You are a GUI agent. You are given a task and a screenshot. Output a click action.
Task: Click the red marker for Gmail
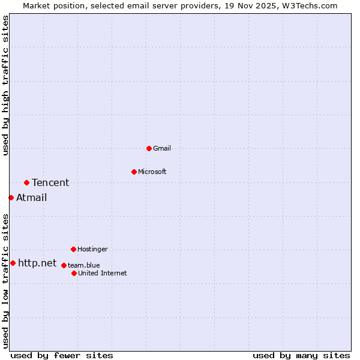click(149, 148)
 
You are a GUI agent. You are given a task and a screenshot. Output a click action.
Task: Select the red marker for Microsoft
click(134, 172)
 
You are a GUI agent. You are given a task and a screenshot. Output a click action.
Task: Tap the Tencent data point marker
click(26, 182)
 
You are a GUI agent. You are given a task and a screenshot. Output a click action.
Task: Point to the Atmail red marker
click(11, 197)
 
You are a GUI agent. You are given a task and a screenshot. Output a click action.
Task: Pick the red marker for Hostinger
click(73, 249)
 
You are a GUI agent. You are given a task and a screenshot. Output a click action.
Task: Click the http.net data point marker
click(13, 263)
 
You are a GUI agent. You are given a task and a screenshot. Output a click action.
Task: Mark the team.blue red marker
click(64, 265)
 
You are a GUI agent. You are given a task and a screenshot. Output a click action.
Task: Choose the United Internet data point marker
click(74, 273)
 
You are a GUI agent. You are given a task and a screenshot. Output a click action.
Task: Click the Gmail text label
click(162, 148)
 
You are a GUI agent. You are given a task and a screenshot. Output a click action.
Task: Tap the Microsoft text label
click(152, 172)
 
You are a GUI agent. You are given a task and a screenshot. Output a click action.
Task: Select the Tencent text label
click(50, 182)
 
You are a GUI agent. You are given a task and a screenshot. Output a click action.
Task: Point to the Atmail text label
click(31, 197)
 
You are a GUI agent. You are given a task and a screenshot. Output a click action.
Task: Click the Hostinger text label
click(92, 249)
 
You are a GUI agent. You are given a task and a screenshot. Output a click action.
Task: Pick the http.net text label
click(37, 263)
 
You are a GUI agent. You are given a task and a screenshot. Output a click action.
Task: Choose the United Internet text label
click(103, 273)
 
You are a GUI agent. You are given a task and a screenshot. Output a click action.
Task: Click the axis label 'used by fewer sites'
click(62, 355)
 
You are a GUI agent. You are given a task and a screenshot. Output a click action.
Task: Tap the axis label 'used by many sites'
click(301, 355)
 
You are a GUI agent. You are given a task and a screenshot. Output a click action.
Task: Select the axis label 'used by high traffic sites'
click(5, 85)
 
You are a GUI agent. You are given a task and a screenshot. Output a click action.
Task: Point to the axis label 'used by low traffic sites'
click(5, 281)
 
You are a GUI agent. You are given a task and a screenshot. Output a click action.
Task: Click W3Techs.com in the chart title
click(310, 5)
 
